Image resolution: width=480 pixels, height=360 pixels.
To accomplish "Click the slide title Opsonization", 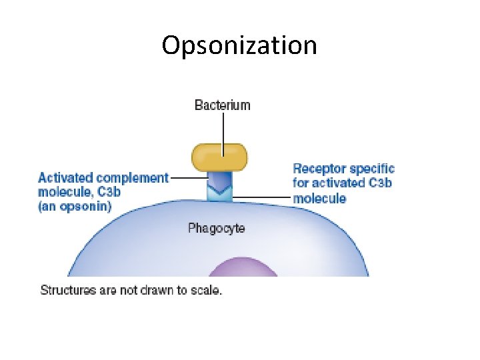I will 239,45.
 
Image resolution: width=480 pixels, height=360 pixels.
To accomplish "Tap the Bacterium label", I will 222,105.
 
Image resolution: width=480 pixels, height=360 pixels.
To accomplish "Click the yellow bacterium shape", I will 219,157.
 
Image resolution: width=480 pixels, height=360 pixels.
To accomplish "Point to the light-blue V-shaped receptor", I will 220,194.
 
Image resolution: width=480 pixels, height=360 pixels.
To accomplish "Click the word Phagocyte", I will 216,229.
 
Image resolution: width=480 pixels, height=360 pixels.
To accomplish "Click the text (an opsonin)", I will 75,206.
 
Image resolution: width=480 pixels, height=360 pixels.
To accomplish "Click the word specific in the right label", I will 372,169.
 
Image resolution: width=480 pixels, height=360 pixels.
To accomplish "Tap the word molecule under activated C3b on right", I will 319,198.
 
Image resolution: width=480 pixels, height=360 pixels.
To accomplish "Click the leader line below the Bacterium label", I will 223,130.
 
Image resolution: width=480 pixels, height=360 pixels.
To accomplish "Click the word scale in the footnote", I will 206,291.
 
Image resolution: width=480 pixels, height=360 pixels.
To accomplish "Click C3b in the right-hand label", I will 377,183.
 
